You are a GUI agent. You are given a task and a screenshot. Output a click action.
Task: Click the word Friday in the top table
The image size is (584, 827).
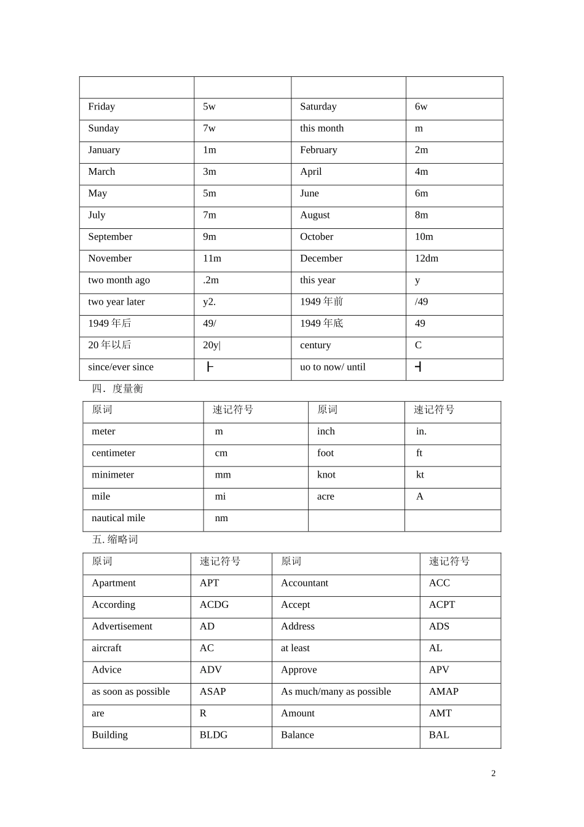(x=101, y=106)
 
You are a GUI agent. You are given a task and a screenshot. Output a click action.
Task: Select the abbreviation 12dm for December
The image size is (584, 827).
(x=426, y=258)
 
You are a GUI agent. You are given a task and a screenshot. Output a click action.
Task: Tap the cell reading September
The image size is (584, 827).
(x=110, y=237)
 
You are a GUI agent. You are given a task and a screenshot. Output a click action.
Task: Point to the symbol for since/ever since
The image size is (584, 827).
(x=210, y=367)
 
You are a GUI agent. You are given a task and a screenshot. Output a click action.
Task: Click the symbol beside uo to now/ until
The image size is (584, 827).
(x=418, y=367)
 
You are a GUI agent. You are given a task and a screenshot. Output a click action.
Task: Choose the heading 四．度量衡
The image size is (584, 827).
(x=117, y=388)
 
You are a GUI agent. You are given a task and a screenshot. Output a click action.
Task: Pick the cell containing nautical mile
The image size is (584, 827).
(x=118, y=518)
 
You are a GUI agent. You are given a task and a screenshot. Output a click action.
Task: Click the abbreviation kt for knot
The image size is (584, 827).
(x=420, y=474)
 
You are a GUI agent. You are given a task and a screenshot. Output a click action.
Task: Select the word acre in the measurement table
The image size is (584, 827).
(x=325, y=497)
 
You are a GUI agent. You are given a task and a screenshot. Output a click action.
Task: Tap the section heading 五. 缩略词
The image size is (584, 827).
(x=115, y=540)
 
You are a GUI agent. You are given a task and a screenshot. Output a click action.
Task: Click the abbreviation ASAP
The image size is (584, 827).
(x=213, y=692)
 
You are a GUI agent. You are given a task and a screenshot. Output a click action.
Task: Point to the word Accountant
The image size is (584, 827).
(x=304, y=583)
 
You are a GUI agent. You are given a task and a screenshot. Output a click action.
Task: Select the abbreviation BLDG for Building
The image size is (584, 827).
(x=213, y=735)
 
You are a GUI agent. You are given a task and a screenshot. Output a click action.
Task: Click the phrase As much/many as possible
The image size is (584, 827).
(x=336, y=692)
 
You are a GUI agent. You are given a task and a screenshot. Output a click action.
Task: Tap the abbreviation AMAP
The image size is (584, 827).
(x=443, y=692)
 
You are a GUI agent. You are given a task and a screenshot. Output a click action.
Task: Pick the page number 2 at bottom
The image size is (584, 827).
(x=493, y=773)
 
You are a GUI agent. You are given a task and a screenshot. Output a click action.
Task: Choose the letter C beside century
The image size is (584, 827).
(x=418, y=345)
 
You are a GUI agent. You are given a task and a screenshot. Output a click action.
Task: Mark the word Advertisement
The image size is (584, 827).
(x=122, y=626)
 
